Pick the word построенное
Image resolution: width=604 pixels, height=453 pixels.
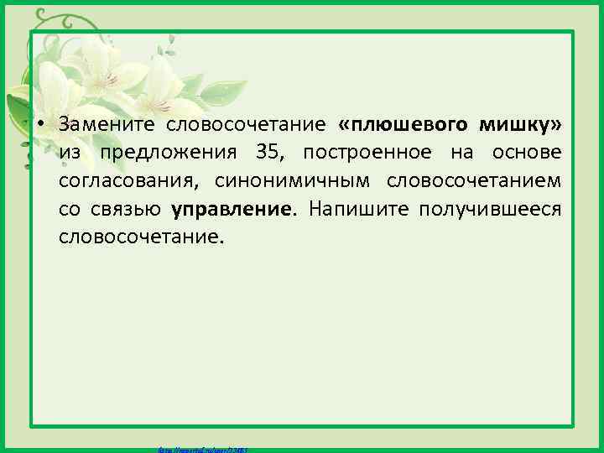pyautogui.click(x=369, y=153)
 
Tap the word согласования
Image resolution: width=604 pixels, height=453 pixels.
pyautogui.click(x=129, y=180)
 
